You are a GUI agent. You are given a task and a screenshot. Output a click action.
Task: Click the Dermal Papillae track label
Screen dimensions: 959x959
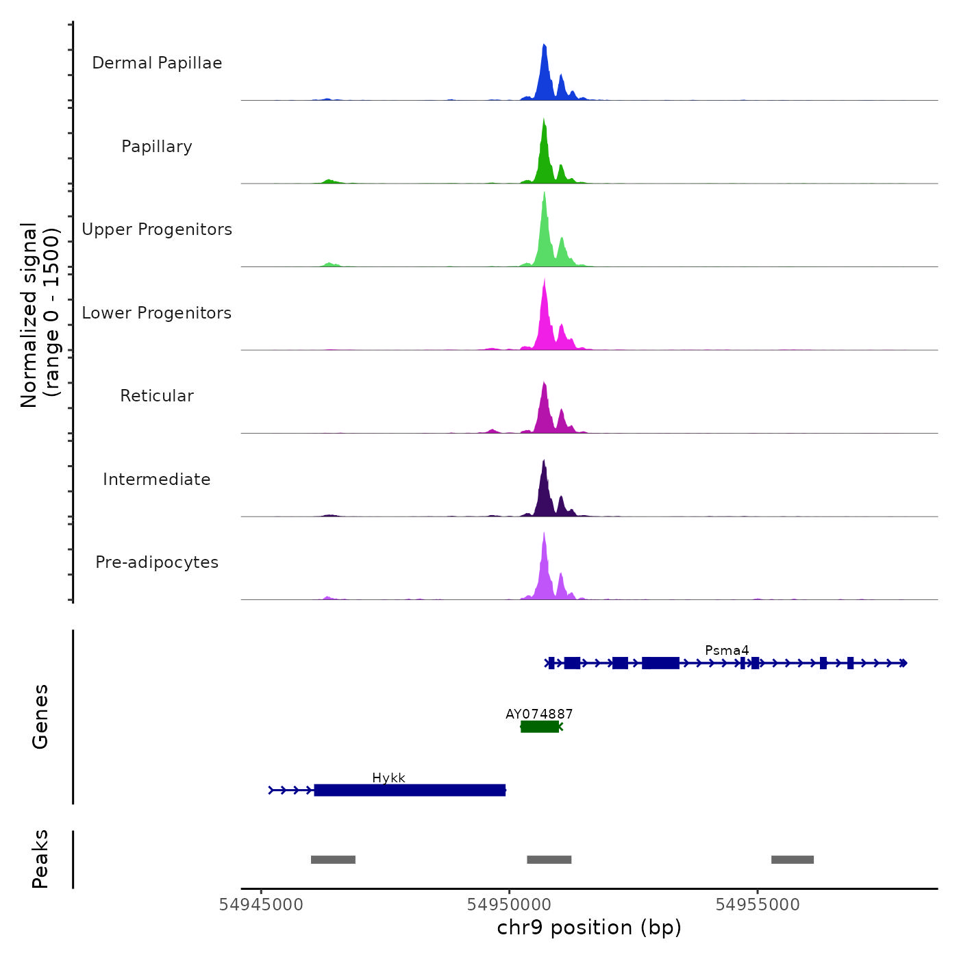click(x=157, y=63)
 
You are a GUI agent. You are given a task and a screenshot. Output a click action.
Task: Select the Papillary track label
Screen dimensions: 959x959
click(x=157, y=147)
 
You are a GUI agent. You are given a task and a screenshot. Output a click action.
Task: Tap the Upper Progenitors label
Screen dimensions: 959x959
click(x=157, y=229)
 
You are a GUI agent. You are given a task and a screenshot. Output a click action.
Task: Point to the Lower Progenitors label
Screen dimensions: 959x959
click(x=157, y=313)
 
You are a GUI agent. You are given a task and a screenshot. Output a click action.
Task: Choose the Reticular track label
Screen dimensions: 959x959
click(x=157, y=396)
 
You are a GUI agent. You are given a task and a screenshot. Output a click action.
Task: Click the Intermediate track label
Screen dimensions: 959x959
click(x=157, y=480)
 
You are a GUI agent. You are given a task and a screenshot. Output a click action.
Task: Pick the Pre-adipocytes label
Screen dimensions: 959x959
click(x=157, y=562)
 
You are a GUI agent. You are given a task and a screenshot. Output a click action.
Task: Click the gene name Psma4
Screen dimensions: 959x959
click(x=727, y=650)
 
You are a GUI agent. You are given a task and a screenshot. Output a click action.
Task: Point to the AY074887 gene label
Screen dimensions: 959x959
click(x=539, y=714)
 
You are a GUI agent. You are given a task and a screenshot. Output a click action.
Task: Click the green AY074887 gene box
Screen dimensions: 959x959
click(x=540, y=727)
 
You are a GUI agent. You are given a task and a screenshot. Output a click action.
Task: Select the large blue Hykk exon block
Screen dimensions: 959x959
click(x=410, y=790)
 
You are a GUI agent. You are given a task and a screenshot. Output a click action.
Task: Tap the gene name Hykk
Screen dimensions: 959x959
click(x=388, y=777)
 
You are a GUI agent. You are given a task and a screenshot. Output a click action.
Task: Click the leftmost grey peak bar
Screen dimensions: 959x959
click(x=333, y=860)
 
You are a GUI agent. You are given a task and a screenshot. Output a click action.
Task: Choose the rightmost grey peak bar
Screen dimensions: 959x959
click(x=793, y=860)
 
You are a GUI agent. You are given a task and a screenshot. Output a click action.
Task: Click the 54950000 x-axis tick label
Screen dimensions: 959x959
click(x=509, y=905)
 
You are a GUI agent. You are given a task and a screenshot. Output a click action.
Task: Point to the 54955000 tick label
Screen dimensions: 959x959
click(x=758, y=905)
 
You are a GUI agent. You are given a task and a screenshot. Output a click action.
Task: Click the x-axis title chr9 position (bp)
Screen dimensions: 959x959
click(x=589, y=928)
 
